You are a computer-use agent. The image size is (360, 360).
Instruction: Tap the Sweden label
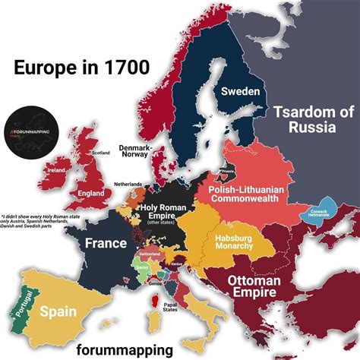pos(241,91)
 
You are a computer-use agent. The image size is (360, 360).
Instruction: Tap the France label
pos(105,244)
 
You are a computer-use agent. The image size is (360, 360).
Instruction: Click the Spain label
pos(57,311)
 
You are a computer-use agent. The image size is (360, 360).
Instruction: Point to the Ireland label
pos(56,171)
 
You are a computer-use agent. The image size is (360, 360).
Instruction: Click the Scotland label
pos(100,153)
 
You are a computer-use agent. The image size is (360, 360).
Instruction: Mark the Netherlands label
pos(127,185)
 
